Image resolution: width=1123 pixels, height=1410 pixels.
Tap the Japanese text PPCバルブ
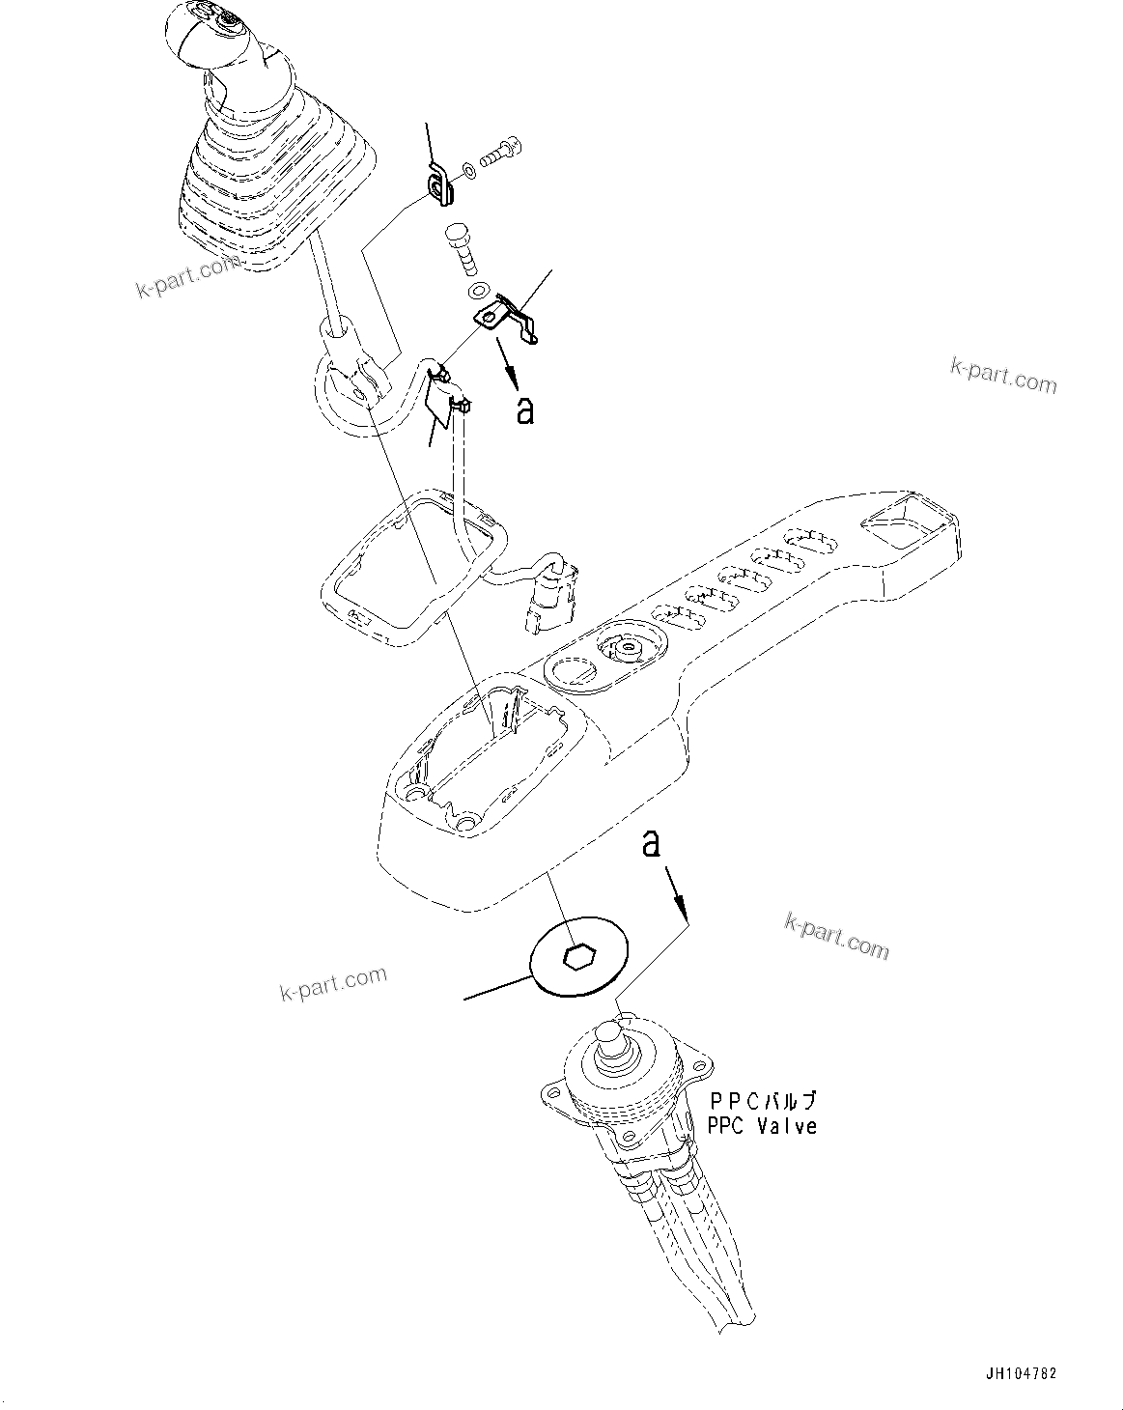point(764,1100)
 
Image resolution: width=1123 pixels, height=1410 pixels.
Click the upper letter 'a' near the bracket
point(524,409)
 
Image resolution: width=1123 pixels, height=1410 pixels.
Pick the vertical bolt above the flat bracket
point(462,247)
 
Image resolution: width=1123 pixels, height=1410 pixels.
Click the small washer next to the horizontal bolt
point(468,171)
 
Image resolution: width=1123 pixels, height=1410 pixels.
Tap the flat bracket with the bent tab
point(506,320)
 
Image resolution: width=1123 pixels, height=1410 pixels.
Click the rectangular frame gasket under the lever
point(410,565)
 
